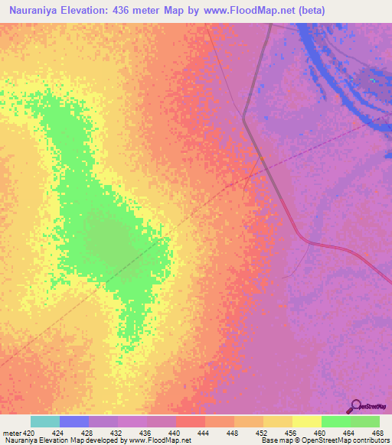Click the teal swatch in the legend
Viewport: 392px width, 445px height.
coord(45,422)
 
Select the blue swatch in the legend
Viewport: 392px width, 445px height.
coord(74,422)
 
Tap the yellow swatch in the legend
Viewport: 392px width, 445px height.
coord(307,422)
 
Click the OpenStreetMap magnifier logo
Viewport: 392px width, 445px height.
coord(355,406)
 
